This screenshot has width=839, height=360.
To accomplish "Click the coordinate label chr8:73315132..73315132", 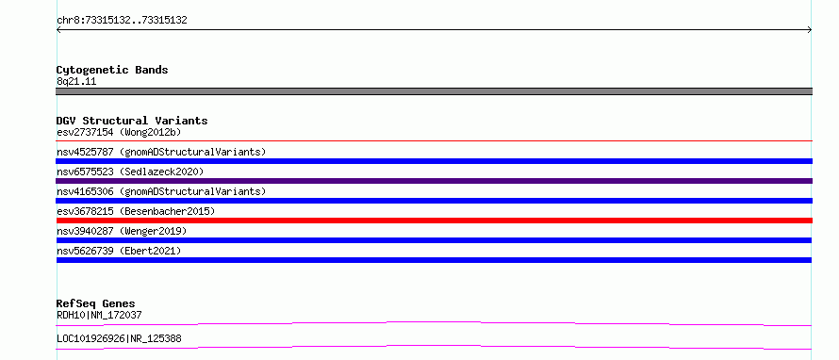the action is tap(122, 21).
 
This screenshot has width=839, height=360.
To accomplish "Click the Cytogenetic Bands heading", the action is tap(112, 70).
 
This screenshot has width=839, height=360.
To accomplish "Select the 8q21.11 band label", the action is tap(76, 82).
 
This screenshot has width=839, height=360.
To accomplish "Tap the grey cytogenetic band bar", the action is tap(434, 91).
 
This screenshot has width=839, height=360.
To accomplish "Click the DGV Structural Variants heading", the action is tap(132, 121).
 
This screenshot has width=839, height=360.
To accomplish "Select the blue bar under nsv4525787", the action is tap(434, 161).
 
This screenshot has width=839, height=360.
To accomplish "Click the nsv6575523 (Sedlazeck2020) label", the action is tap(130, 172).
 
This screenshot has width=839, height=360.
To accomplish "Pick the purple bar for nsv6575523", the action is tap(434, 181).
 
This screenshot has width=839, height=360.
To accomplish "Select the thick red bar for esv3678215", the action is tap(434, 221).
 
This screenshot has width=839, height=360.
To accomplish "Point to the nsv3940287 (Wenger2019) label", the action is tap(122, 231).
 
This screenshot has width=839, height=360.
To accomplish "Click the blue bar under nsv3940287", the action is tap(434, 240).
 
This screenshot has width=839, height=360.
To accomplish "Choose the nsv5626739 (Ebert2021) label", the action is tap(119, 251).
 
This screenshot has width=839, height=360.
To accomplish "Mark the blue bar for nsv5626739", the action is tap(434, 260).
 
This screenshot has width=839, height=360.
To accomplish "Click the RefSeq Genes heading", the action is tap(96, 303).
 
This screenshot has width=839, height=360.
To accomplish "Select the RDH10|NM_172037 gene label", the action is tap(99, 316).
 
